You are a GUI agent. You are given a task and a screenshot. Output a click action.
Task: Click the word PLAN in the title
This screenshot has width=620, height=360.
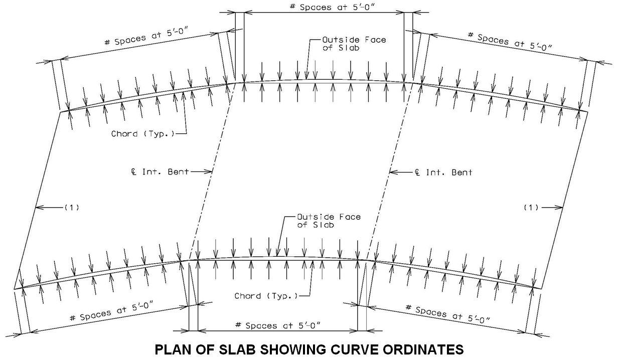[173, 349]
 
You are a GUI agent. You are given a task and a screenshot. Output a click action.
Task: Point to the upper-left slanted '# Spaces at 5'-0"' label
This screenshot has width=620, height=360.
[146, 37]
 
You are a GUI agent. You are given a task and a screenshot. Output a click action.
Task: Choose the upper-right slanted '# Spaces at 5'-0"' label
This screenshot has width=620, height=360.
[510, 42]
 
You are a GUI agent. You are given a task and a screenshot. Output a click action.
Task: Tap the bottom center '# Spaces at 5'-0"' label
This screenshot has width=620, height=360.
[277, 325]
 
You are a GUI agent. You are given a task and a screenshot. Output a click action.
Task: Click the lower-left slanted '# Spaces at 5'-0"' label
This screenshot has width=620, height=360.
[112, 312]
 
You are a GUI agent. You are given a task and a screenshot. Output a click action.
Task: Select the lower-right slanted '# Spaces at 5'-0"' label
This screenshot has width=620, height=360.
[447, 314]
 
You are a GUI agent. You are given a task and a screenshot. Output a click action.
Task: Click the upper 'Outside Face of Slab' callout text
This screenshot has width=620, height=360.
[354, 44]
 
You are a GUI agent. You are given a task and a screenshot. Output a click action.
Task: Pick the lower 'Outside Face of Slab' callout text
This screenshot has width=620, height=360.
[329, 221]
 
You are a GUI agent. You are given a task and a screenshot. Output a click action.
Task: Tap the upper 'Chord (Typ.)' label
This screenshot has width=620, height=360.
[143, 134]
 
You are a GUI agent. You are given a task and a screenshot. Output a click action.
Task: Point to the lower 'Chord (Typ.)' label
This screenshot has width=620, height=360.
[266, 296]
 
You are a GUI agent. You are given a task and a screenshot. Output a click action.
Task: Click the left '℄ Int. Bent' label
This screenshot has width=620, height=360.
[160, 172]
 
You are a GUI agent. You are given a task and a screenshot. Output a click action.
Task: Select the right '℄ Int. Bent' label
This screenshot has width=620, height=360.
[443, 172]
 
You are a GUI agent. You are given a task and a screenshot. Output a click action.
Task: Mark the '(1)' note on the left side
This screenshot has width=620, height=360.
[72, 207]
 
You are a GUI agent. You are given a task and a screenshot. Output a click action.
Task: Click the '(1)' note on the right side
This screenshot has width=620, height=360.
[531, 207]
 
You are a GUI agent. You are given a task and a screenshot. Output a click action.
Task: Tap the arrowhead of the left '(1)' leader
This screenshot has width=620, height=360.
[38, 207]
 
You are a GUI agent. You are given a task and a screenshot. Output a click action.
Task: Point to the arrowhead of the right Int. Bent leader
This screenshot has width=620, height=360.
[391, 172]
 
